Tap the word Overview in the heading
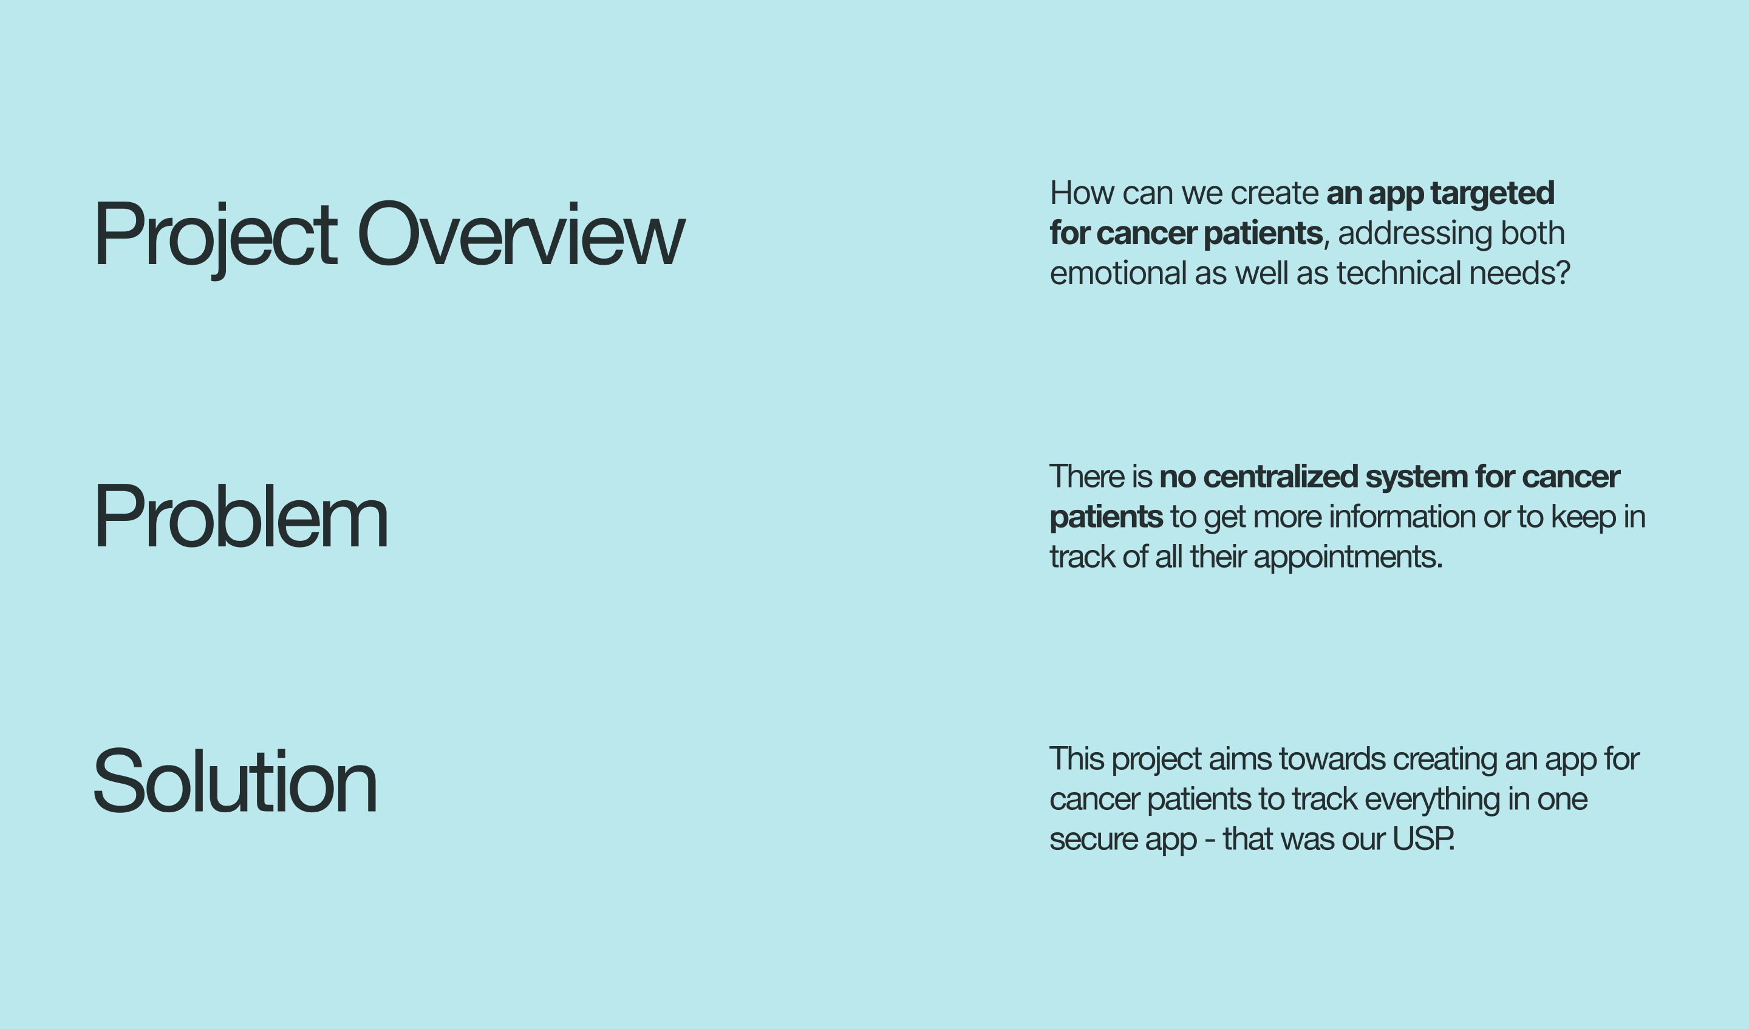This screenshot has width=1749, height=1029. pyautogui.click(x=521, y=233)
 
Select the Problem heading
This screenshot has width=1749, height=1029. pyautogui.click(x=241, y=516)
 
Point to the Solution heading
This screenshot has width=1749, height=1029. pyautogui.click(x=235, y=781)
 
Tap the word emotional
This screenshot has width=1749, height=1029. pyautogui.click(x=1118, y=273)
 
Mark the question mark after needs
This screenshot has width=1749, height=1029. pyautogui.click(x=1563, y=273)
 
